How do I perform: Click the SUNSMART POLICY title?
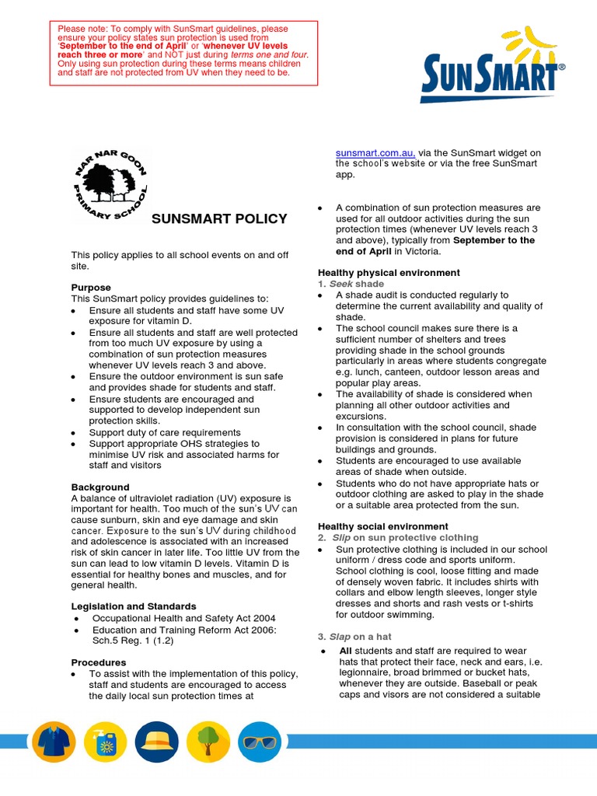(219, 218)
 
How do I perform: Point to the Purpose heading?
(91, 288)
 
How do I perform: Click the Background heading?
(100, 487)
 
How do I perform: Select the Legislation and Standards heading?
(134, 606)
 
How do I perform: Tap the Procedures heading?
(99, 662)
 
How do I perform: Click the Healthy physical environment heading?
(389, 273)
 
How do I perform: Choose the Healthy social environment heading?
(382, 526)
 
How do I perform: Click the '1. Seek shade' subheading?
(351, 284)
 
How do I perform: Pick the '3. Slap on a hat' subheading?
(354, 637)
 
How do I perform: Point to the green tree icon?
(208, 742)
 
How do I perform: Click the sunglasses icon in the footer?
(260, 742)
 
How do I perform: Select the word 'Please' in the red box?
(72, 30)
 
